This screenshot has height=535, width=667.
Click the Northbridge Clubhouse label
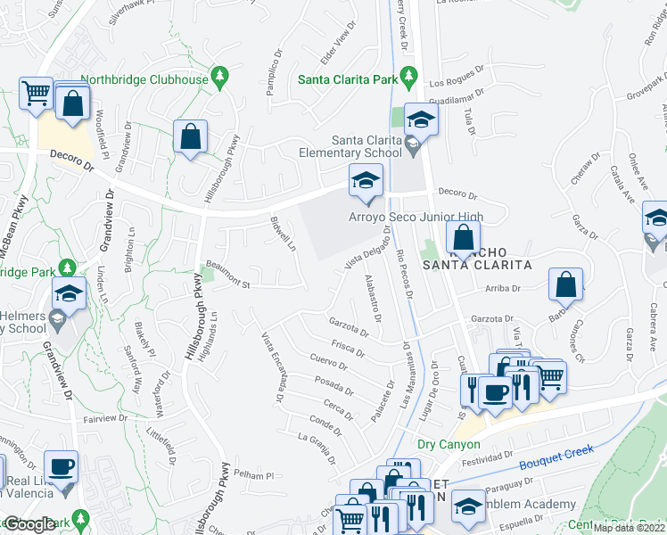tap(144, 79)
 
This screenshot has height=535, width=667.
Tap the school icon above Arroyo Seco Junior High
tap(365, 181)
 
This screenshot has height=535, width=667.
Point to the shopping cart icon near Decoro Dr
tap(37, 92)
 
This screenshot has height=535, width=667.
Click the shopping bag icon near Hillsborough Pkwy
tap(190, 137)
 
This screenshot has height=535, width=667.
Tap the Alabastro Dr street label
tap(373, 300)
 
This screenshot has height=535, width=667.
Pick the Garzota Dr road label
tap(348, 326)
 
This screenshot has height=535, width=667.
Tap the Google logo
tap(29, 525)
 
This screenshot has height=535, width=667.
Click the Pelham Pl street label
tap(254, 475)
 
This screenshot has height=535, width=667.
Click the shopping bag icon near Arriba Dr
tap(565, 284)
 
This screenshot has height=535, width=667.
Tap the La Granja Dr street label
tap(317, 449)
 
